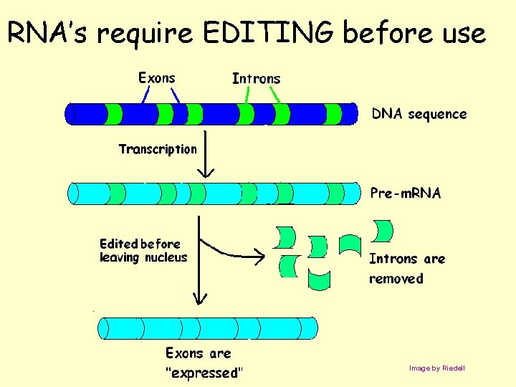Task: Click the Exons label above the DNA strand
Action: coord(156,77)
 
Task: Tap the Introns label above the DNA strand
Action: coord(256,78)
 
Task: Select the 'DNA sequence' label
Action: coord(419,114)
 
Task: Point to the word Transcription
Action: coord(157,149)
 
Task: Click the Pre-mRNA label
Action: coord(405,193)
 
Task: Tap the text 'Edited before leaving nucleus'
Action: coord(143,251)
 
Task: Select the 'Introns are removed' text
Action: coord(406,268)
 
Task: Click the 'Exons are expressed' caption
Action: coord(203,363)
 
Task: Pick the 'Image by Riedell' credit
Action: coord(436,368)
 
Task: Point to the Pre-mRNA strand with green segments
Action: coord(214,193)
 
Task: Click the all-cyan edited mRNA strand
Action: coord(208,328)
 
